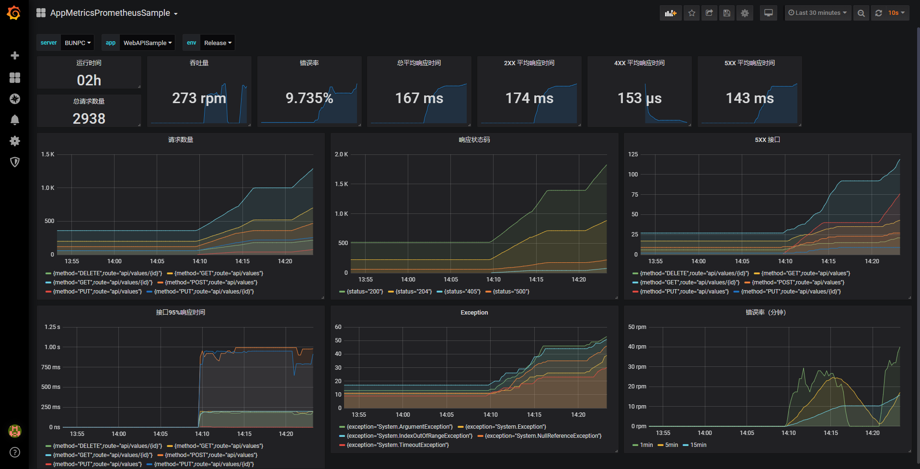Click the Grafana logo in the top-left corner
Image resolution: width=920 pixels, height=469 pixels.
click(x=14, y=13)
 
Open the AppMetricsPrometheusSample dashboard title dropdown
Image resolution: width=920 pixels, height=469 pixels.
click(x=114, y=13)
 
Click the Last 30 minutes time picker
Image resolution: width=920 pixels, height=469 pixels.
click(x=817, y=13)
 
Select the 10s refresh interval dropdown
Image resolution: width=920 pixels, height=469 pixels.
click(x=896, y=13)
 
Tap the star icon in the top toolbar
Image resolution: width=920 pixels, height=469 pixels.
click(x=691, y=13)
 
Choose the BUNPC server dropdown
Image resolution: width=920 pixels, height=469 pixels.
click(x=77, y=43)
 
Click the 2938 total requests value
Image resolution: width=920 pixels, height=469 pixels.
click(x=89, y=118)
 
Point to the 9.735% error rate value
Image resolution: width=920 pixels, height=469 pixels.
click(x=309, y=98)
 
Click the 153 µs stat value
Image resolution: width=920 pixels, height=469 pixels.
click(x=639, y=98)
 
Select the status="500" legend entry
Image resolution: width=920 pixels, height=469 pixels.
click(x=511, y=292)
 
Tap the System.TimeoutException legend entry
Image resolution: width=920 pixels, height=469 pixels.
click(x=397, y=445)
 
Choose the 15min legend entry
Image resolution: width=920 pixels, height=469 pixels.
click(x=698, y=445)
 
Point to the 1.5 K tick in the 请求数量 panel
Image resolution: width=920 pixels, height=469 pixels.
click(x=47, y=154)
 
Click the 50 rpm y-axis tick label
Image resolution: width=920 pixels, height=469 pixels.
click(x=637, y=327)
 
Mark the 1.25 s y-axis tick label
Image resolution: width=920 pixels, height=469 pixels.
click(x=52, y=327)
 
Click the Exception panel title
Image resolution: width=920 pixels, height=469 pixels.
click(x=474, y=313)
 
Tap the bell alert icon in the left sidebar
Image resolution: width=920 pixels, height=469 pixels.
click(x=15, y=120)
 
